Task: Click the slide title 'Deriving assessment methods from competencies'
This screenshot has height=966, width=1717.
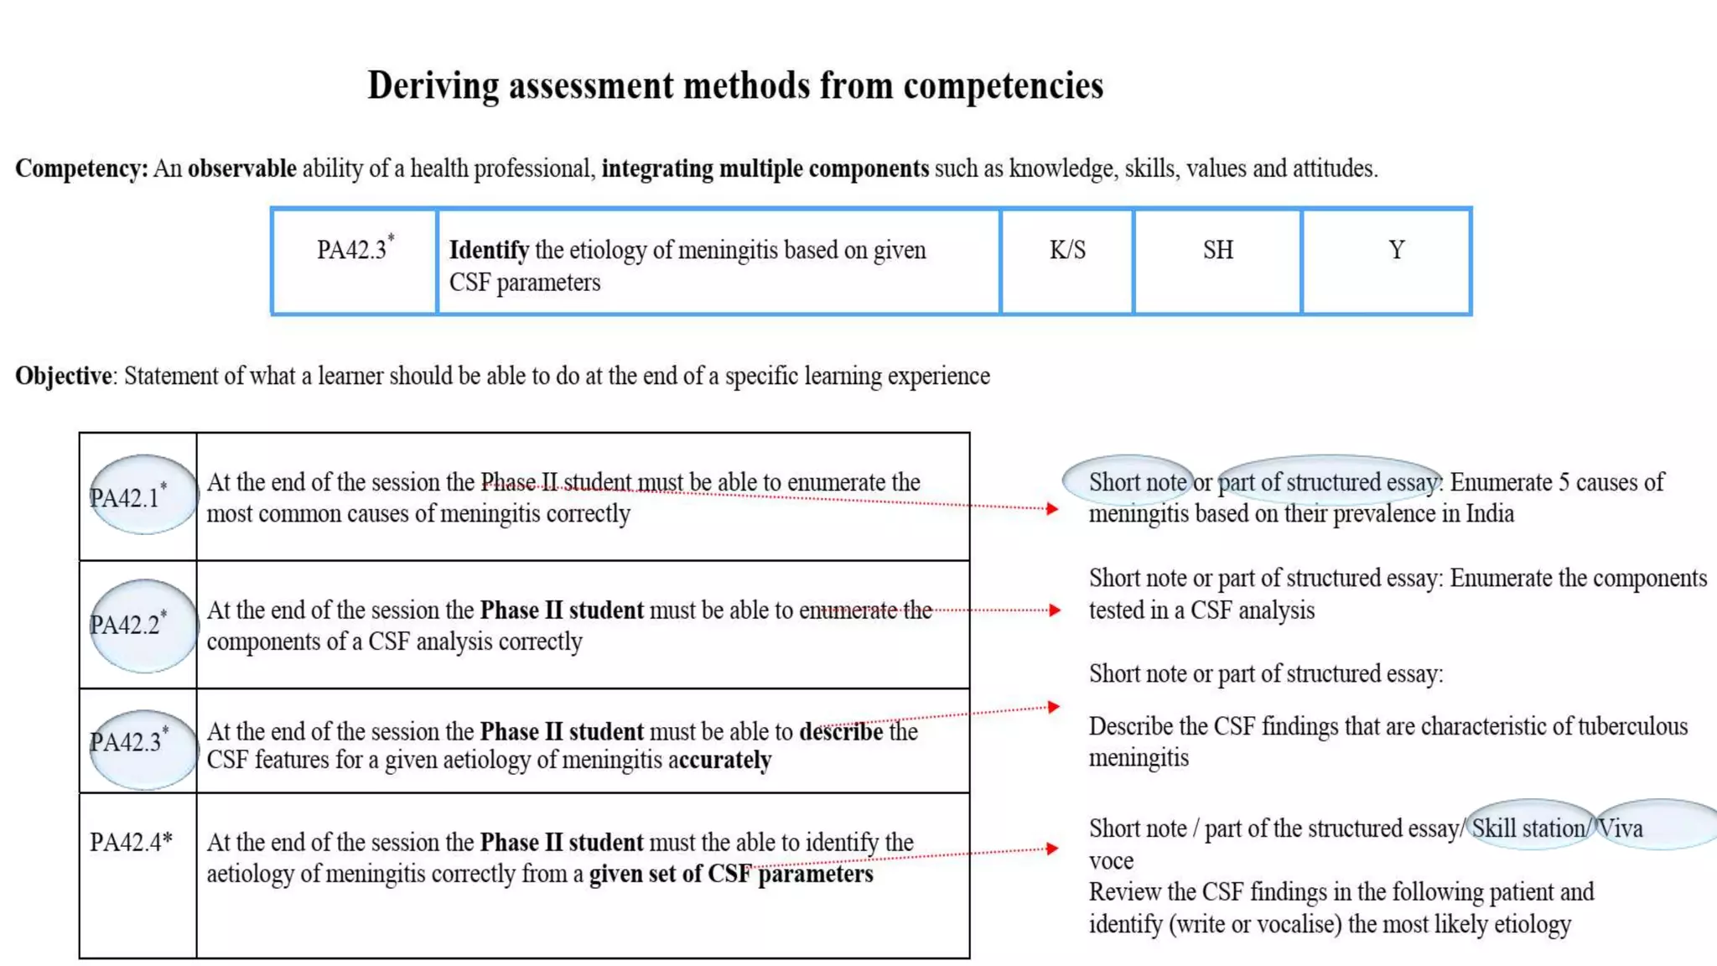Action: tap(735, 86)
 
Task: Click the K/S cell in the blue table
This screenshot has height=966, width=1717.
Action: tap(1067, 250)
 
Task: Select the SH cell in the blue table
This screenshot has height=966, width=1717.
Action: tap(1218, 250)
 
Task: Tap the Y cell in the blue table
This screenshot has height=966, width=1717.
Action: tap(1396, 250)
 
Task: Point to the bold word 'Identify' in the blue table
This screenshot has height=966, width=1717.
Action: tap(489, 250)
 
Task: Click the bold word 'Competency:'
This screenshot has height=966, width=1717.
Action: tap(81, 169)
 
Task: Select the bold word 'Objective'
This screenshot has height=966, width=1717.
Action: tap(63, 376)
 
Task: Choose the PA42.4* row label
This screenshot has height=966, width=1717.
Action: tap(131, 842)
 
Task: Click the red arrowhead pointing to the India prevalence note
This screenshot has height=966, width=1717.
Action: tap(1052, 508)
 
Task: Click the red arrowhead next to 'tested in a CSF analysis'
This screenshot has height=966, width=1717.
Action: tap(1055, 610)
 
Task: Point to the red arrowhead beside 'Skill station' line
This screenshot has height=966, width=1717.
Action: tap(1053, 849)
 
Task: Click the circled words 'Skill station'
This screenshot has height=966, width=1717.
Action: tap(1528, 828)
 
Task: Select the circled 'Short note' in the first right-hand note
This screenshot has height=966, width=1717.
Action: tap(1137, 482)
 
